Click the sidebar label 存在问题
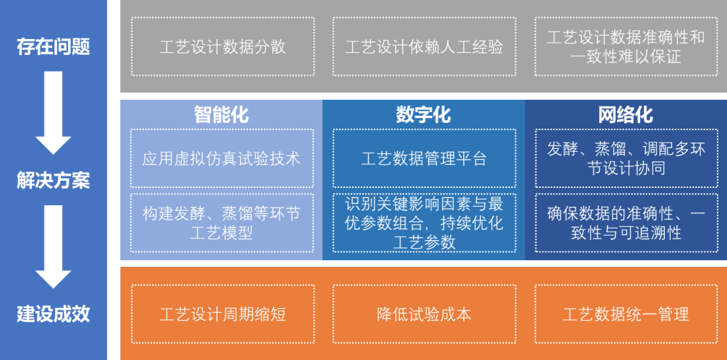pyautogui.click(x=53, y=47)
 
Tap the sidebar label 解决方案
pyautogui.click(x=53, y=181)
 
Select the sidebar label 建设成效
pyautogui.click(x=53, y=314)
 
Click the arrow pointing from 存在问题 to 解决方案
pyautogui.click(x=53, y=113)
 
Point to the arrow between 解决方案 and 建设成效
pyautogui.click(x=53, y=247)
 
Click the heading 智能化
pyautogui.click(x=221, y=115)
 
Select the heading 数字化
pyautogui.click(x=423, y=115)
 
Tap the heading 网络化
pyautogui.click(x=625, y=115)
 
